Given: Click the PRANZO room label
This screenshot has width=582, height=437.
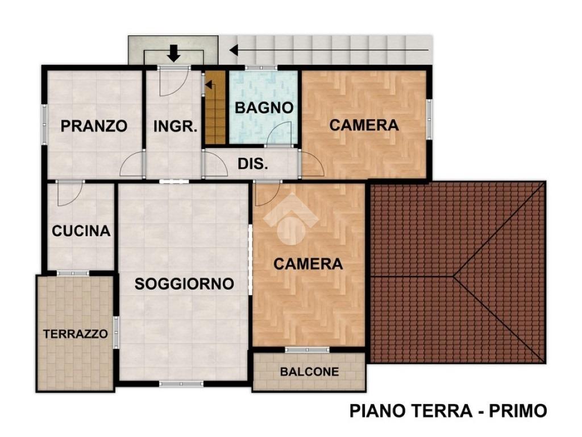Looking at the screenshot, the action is click(94, 126).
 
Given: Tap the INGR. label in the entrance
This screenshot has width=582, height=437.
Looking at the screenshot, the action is click(175, 126).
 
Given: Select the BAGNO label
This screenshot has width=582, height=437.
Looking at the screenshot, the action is click(264, 108).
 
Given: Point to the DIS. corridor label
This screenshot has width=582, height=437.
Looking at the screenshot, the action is click(253, 163).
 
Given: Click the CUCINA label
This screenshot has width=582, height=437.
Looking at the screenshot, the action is click(81, 231).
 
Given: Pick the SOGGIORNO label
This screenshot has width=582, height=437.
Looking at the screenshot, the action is click(184, 284).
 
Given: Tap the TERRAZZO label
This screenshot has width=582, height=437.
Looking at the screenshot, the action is click(76, 333).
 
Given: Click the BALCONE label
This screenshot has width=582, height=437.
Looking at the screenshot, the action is click(310, 372).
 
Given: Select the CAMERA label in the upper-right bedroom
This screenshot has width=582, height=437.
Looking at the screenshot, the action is click(364, 125).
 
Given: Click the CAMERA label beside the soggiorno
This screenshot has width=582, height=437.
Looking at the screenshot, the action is click(308, 264).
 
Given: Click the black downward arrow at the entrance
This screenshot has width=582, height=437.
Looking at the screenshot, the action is click(173, 53).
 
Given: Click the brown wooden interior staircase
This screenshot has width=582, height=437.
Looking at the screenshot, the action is click(215, 108).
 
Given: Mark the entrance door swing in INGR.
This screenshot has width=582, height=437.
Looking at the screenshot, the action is click(174, 83).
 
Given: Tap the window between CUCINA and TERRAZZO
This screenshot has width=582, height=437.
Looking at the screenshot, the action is click(73, 273).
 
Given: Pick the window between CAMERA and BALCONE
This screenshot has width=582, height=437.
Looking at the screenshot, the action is click(307, 350).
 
